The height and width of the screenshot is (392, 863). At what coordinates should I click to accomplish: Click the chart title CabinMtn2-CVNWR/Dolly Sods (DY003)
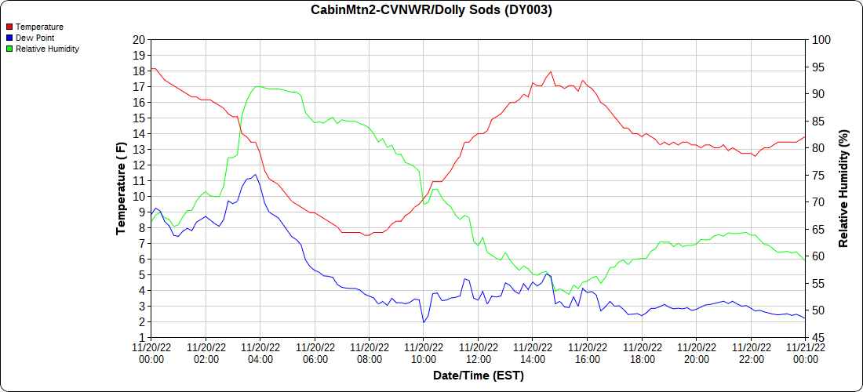pos(431,10)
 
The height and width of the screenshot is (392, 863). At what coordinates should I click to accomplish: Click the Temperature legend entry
pos(39,27)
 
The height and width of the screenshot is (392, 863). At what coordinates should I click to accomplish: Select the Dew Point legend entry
pos(35,38)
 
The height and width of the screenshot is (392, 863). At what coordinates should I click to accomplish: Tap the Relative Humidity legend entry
pos(47,49)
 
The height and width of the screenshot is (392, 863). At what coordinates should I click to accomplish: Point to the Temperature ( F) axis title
pos(121,188)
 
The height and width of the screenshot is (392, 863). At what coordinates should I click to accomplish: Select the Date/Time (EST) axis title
pos(478,376)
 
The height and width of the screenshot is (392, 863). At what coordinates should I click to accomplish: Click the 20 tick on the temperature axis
pos(139,40)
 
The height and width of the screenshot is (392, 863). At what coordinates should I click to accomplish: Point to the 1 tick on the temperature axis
pos(142,338)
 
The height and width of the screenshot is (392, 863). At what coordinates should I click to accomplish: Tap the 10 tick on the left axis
pos(139,197)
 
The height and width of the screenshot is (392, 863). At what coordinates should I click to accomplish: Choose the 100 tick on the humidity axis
pos(818,40)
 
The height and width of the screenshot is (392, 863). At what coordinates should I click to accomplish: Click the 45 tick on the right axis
pos(816,338)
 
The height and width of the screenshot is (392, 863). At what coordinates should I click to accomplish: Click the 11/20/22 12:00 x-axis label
pos(478,354)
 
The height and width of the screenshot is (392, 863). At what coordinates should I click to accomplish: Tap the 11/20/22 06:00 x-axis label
pos(315,354)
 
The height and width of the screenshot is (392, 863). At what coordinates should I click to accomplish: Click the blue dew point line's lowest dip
pos(424,322)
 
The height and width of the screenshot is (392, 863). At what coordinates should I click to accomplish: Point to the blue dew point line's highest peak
pos(255,175)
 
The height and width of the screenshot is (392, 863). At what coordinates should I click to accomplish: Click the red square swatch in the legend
pos(9,27)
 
